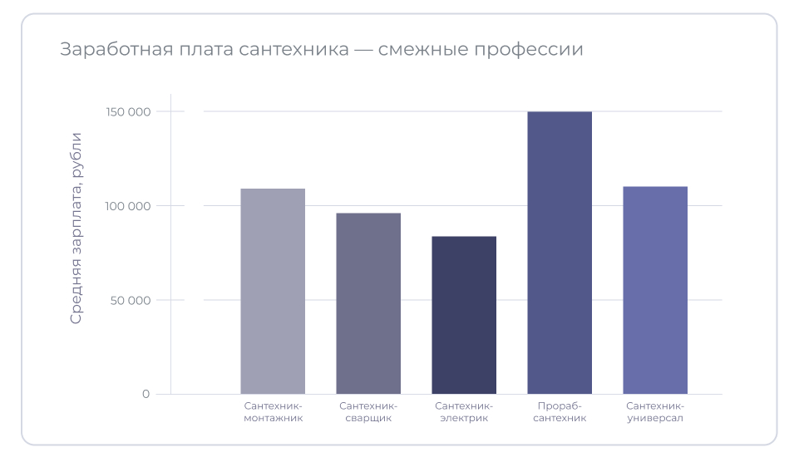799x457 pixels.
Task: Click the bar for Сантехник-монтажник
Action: [x=273, y=291]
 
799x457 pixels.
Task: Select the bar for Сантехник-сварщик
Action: [x=368, y=303]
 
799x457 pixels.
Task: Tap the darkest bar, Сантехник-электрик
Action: [x=464, y=315]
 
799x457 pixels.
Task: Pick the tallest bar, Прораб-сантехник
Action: [x=560, y=253]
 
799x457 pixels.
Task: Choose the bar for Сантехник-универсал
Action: [x=655, y=290]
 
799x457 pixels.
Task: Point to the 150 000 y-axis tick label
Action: [x=128, y=111]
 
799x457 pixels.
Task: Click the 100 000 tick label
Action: [x=128, y=206]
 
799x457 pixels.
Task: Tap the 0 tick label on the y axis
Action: [x=145, y=394]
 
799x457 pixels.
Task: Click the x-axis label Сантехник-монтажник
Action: [x=273, y=412]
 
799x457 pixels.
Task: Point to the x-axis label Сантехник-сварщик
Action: [x=368, y=412]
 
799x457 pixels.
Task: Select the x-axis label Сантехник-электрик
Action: [x=464, y=412]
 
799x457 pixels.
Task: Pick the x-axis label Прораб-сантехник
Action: [x=560, y=412]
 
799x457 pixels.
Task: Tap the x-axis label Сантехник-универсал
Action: [x=655, y=412]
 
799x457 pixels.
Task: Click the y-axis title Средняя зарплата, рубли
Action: [x=76, y=228]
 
